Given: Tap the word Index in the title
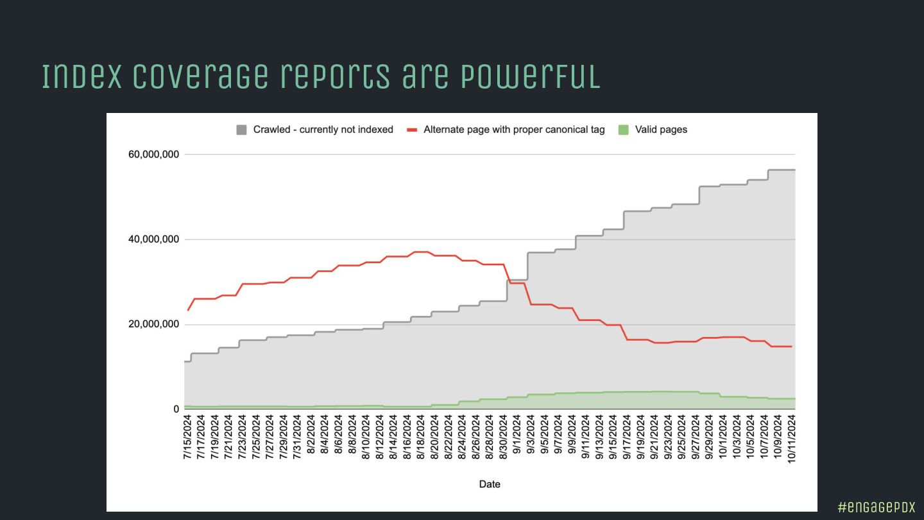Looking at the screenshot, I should (x=81, y=76).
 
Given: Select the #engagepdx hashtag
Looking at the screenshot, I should (x=877, y=507).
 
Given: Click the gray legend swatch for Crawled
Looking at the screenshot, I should (x=241, y=130).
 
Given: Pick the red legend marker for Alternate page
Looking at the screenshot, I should (x=413, y=130).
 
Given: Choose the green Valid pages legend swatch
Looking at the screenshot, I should (x=623, y=130).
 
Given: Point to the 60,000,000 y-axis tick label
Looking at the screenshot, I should (x=154, y=155).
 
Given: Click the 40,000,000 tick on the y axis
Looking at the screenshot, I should (x=154, y=239).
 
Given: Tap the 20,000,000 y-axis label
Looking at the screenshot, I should (x=154, y=324).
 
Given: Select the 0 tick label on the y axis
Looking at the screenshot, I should (x=176, y=409).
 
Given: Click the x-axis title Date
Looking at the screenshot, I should (x=490, y=484).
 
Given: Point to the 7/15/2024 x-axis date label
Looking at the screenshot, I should (x=188, y=438).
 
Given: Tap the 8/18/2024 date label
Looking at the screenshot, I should (x=421, y=438).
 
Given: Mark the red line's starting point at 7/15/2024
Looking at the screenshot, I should (x=188, y=310).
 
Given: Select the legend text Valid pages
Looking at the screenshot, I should (x=661, y=130).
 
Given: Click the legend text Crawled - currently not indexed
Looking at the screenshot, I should (x=323, y=130).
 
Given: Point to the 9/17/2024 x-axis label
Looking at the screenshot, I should (x=627, y=438).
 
